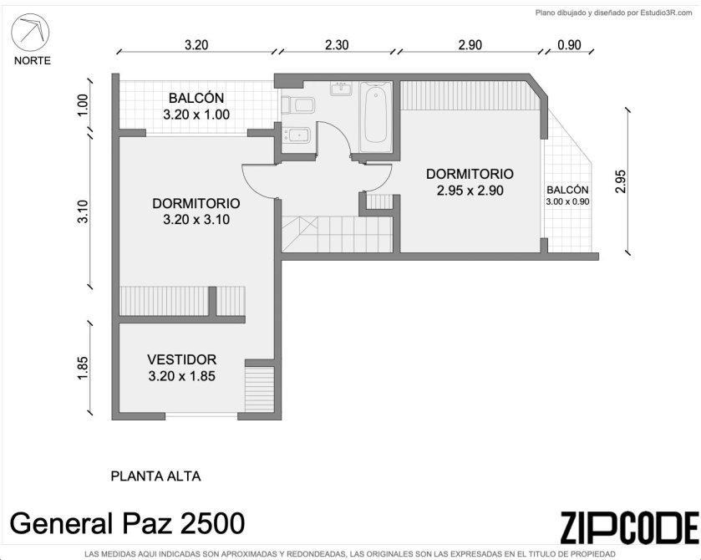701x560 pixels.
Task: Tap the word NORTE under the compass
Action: [33, 61]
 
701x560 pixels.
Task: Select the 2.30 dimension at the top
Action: [337, 45]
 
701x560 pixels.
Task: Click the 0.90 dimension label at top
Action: [570, 45]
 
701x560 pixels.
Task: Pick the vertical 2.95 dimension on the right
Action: [621, 181]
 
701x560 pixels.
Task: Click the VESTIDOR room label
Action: [181, 359]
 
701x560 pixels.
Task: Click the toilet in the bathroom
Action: [299, 105]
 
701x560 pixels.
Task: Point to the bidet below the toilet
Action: [297, 135]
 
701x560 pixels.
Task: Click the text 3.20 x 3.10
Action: [196, 220]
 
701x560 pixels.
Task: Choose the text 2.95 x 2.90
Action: [470, 191]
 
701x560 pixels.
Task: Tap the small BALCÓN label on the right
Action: [567, 190]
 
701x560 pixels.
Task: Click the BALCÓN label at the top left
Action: [196, 98]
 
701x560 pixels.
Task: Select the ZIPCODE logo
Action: [629, 527]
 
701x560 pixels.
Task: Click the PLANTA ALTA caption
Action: [155, 476]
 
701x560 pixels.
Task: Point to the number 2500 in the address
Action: [212, 523]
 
